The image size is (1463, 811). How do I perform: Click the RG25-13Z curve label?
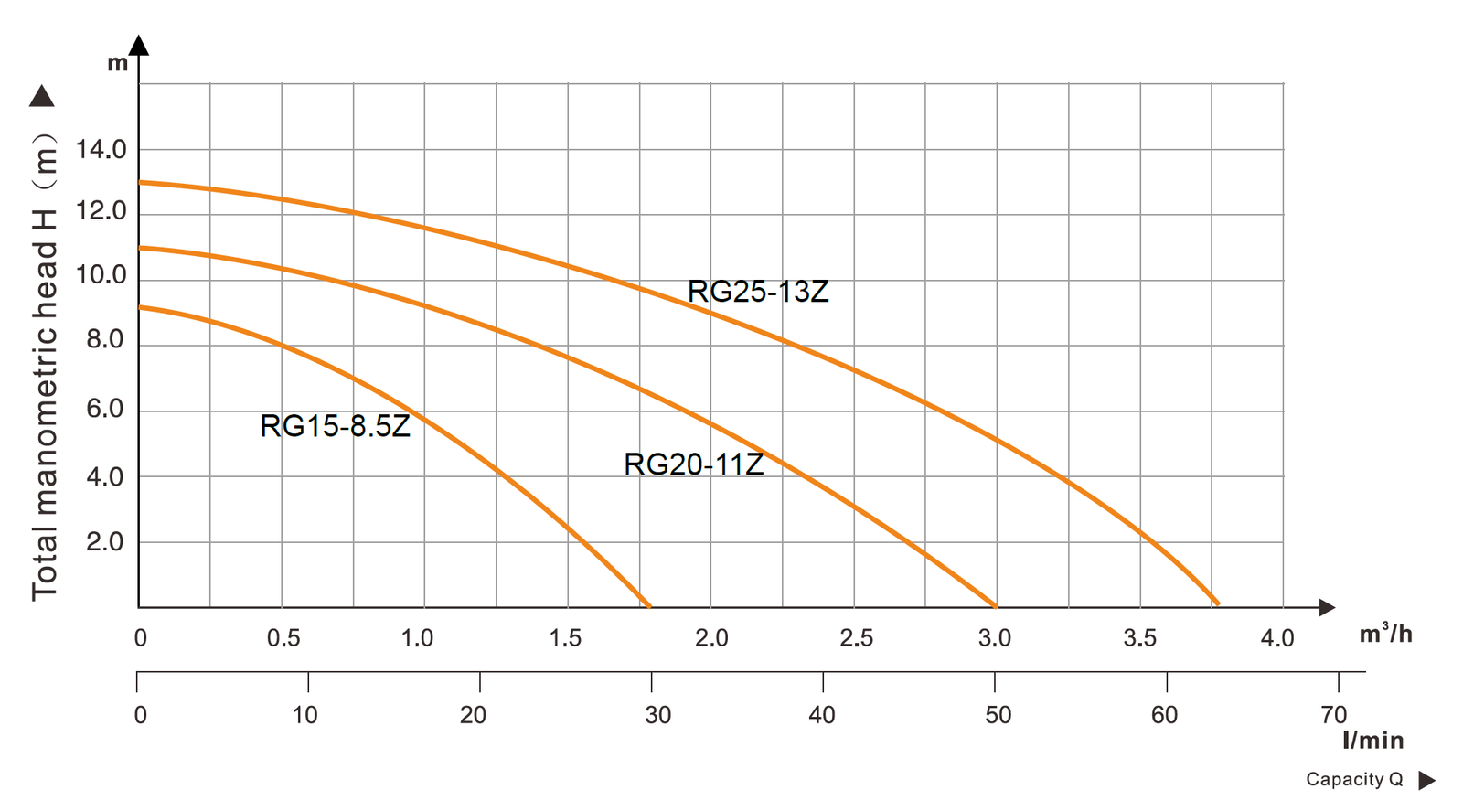(x=758, y=292)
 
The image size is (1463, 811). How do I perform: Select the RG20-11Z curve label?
(x=693, y=464)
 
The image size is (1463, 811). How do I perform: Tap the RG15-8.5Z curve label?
(x=335, y=426)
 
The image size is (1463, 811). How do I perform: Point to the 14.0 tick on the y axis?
(x=101, y=149)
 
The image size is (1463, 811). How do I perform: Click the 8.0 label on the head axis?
(x=104, y=339)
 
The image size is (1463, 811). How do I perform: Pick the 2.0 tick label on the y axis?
(x=104, y=542)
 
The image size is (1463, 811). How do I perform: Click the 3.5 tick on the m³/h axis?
(x=1139, y=638)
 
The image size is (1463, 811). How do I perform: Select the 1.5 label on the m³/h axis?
(x=565, y=638)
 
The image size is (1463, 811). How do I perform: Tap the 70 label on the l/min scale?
(x=1334, y=715)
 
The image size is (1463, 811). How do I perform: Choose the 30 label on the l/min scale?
(x=657, y=715)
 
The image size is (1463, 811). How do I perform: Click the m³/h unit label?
(x=1385, y=634)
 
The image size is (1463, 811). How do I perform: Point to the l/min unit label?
(x=1372, y=741)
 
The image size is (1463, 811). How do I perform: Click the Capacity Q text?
(x=1353, y=779)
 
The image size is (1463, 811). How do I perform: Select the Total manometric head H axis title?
(x=45, y=366)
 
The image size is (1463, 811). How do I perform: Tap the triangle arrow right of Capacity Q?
(x=1426, y=780)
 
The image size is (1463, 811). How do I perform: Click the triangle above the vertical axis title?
(x=42, y=96)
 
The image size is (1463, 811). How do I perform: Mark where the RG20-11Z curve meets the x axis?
(x=995, y=605)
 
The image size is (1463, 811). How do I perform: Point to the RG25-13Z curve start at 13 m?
(x=141, y=183)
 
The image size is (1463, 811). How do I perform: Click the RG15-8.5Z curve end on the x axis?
(x=648, y=605)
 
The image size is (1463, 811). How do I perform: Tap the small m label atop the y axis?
(x=118, y=63)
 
